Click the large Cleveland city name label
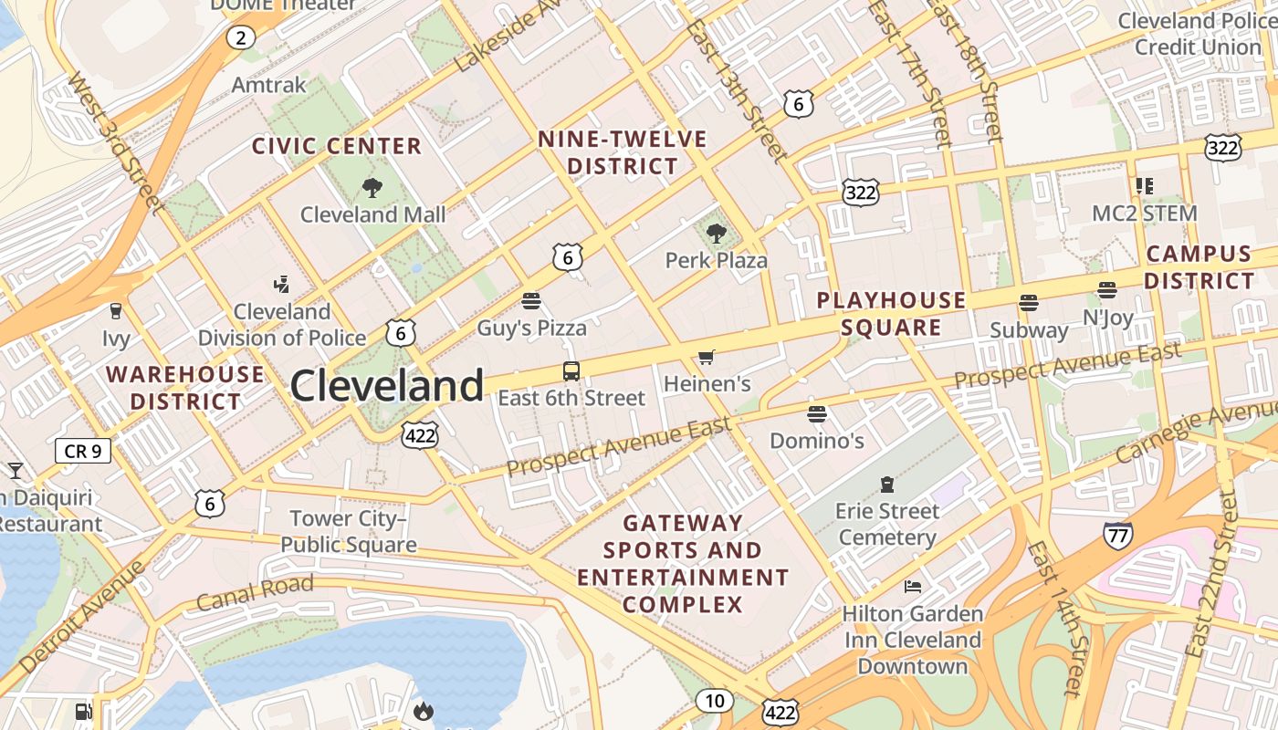pyautogui.click(x=386, y=386)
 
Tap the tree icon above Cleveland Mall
pyautogui.click(x=372, y=188)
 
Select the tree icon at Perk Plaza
pyautogui.click(x=717, y=234)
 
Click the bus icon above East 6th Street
pyautogui.click(x=571, y=371)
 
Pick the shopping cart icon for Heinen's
pyautogui.click(x=706, y=357)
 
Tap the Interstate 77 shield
pyautogui.click(x=1118, y=535)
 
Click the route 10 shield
pyautogui.click(x=714, y=701)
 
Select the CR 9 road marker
pyautogui.click(x=83, y=450)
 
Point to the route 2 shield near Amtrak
pyautogui.click(x=240, y=37)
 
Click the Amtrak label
pyautogui.click(x=268, y=85)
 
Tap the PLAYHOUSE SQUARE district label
pyautogui.click(x=891, y=314)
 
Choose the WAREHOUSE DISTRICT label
pyautogui.click(x=185, y=388)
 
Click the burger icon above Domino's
pyautogui.click(x=817, y=414)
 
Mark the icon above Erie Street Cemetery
pyautogui.click(x=886, y=484)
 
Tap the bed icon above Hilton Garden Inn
pyautogui.click(x=912, y=587)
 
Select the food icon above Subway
pyautogui.click(x=1029, y=303)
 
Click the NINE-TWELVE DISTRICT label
pyautogui.click(x=622, y=152)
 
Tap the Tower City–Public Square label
pyautogui.click(x=348, y=532)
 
